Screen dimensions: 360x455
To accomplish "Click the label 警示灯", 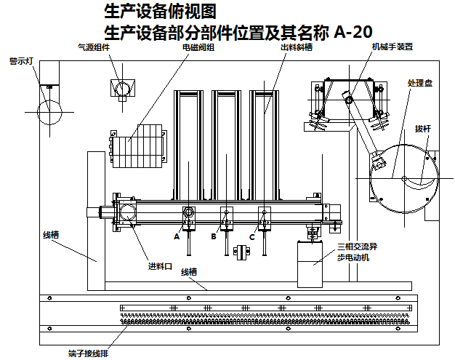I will click(21, 61).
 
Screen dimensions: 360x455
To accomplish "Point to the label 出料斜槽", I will click(297, 47).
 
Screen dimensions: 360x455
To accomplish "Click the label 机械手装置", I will click(392, 47).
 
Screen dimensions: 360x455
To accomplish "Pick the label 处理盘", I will click(420, 83).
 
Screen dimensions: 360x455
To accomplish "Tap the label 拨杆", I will click(423, 128).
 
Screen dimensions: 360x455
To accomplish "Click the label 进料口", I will click(160, 266).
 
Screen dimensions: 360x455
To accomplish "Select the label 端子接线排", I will click(89, 353).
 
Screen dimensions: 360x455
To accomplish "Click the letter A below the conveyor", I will click(176, 236).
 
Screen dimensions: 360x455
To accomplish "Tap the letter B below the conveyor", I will click(214, 236).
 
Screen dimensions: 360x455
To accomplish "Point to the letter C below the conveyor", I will click(252, 236).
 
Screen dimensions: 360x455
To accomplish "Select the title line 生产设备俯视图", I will click(160, 12).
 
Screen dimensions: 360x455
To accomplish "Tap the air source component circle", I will click(122, 87).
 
